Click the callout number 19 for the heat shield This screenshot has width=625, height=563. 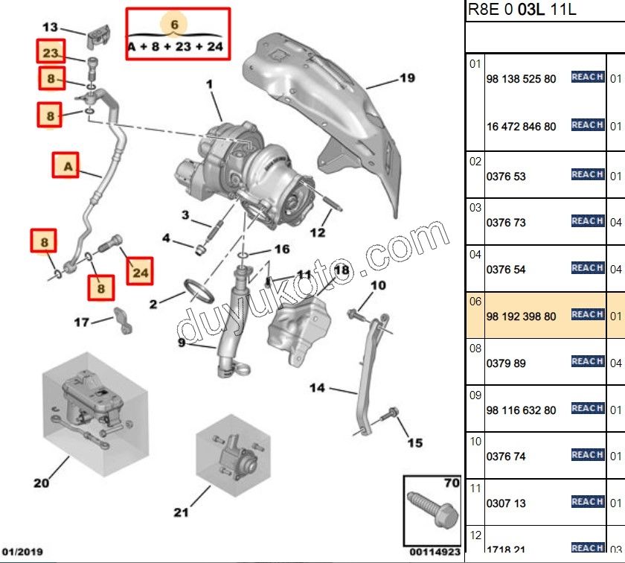(x=406, y=78)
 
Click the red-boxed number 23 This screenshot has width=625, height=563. (x=50, y=52)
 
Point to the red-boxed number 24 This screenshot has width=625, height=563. (x=140, y=273)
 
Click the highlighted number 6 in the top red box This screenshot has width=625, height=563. (x=175, y=25)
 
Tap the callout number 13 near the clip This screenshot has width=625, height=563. (x=50, y=28)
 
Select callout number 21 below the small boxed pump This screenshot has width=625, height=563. (x=182, y=512)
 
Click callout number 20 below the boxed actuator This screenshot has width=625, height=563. (x=42, y=483)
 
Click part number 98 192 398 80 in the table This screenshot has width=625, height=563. (x=521, y=317)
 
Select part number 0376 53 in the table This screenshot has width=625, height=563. (x=506, y=177)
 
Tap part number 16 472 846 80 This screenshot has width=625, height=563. (x=521, y=127)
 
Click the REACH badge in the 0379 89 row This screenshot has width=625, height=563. (x=587, y=361)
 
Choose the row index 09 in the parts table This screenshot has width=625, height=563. (x=475, y=395)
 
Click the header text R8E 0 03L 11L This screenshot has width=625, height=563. (x=522, y=10)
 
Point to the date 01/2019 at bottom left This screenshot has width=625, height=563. (x=22, y=552)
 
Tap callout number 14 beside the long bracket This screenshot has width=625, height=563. (x=318, y=387)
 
